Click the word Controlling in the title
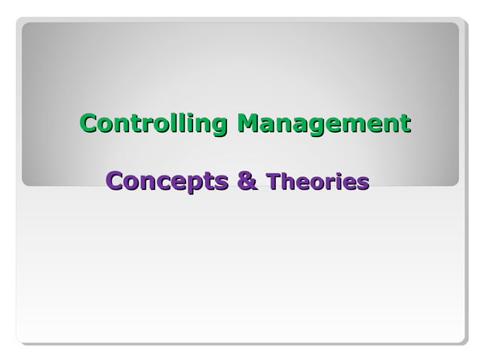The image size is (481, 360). (154, 122)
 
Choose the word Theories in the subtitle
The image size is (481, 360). (317, 182)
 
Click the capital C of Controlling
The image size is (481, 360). (88, 122)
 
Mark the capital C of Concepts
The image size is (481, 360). (115, 182)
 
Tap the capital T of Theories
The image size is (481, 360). (274, 182)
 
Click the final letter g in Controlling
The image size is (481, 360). (220, 125)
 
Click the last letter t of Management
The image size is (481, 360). (406, 123)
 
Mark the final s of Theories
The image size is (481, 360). (363, 184)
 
